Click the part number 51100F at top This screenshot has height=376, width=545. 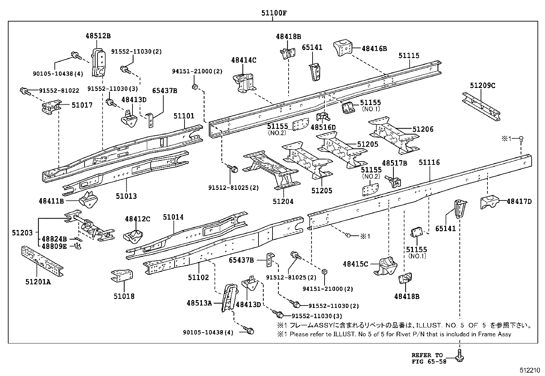pos(273,13)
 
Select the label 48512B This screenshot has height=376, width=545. pos(98,36)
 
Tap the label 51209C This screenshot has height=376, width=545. pos(482,86)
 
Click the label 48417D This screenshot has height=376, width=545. pos(519,202)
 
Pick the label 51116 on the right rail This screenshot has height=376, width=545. pos(429,163)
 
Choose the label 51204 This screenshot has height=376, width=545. pos(283,202)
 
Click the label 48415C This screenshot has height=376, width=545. pos(355,264)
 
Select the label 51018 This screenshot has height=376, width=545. pos(124,296)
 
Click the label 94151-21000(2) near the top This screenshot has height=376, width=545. pos(197,71)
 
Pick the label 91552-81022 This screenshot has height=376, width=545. pos(59,91)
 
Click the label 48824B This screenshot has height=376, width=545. pos(54,239)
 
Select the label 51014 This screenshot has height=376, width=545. pos(173,217)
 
